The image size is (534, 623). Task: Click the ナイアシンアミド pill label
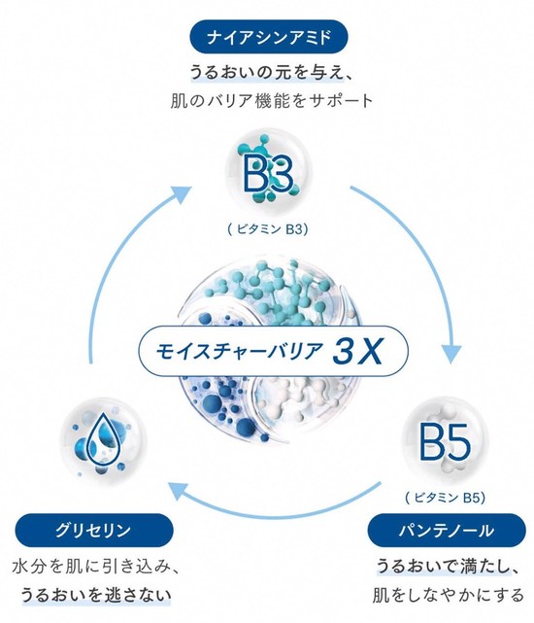[x=269, y=37]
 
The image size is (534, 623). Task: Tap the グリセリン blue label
[x=94, y=530]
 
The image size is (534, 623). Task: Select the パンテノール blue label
[x=447, y=530]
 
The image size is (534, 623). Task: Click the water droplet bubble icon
[x=103, y=441]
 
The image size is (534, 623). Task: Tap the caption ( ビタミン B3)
[x=268, y=229]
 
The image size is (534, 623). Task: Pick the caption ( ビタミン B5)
[x=445, y=498]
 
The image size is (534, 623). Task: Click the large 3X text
[x=357, y=351]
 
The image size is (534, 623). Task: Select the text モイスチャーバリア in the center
[x=239, y=351]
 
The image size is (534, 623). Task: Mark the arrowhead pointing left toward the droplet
[x=177, y=491]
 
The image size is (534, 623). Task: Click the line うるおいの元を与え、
[x=270, y=73]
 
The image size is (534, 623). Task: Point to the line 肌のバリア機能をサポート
[x=272, y=101]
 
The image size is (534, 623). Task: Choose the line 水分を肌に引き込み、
[x=95, y=567]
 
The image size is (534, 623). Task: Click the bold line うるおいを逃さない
[x=96, y=595]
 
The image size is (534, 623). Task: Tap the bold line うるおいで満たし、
[x=448, y=567]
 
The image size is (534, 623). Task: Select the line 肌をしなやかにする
[x=448, y=595]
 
